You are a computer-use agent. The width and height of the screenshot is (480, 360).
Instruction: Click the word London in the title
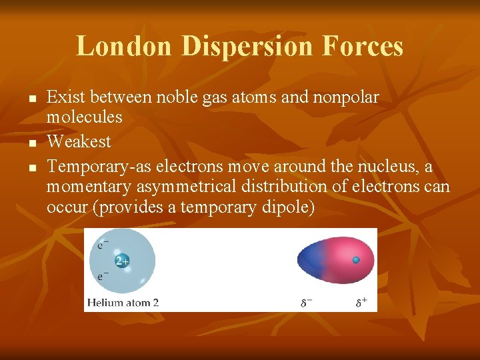[x=124, y=47]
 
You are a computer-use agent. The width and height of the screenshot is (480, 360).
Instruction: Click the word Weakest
[x=79, y=142]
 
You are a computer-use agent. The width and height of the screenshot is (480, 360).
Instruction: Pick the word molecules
[x=84, y=117]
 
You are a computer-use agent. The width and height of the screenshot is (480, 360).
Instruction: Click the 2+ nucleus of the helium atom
[x=123, y=261]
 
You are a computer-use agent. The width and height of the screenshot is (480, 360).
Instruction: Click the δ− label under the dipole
[x=306, y=303]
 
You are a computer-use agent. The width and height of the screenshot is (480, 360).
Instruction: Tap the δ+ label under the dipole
[x=361, y=303]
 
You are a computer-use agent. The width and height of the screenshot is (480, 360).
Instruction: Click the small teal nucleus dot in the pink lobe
[x=356, y=260]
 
